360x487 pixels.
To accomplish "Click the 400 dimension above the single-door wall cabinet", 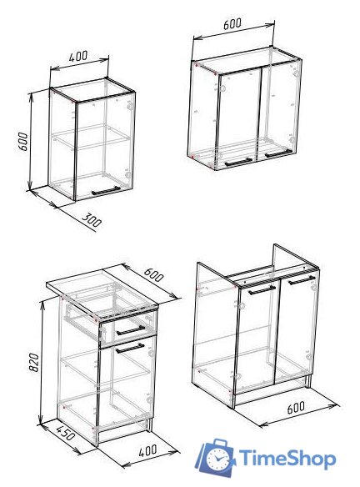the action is [78, 57].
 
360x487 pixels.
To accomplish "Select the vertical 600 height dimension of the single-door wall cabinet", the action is [23, 141].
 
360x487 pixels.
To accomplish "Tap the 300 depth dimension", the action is [92, 220].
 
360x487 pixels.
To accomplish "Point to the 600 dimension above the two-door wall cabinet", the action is [232, 23].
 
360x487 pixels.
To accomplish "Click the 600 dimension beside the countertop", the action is [153, 274].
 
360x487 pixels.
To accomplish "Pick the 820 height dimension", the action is [33, 362].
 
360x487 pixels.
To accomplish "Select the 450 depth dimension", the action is [66, 432].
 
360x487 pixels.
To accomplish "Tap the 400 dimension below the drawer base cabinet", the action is [148, 450].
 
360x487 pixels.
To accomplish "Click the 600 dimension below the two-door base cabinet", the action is [296, 408].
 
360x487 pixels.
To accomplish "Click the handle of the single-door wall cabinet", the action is [106, 190].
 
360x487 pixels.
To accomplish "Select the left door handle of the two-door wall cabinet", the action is [238, 162].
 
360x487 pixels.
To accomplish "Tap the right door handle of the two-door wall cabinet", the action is [278, 153].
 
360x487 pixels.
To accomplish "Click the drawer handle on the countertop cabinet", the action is [130, 330].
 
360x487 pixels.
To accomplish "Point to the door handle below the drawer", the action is [130, 349].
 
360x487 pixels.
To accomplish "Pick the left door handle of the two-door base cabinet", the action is [262, 290].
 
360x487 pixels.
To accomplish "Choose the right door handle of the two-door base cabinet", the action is [302, 280].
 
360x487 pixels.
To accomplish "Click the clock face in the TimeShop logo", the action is [217, 458].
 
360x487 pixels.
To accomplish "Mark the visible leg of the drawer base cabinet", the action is [149, 424].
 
